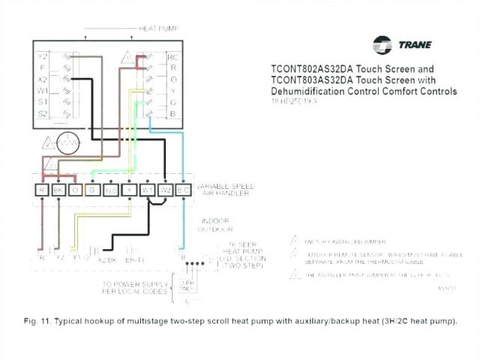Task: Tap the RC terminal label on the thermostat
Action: tap(172, 57)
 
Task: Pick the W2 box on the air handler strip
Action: tap(166, 190)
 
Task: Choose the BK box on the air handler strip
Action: tap(59, 190)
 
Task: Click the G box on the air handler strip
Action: tap(93, 190)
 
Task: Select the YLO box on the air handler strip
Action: tap(111, 190)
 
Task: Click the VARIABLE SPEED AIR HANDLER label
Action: tap(226, 189)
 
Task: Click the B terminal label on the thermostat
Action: tap(172, 113)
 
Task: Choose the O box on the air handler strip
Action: tap(75, 190)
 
